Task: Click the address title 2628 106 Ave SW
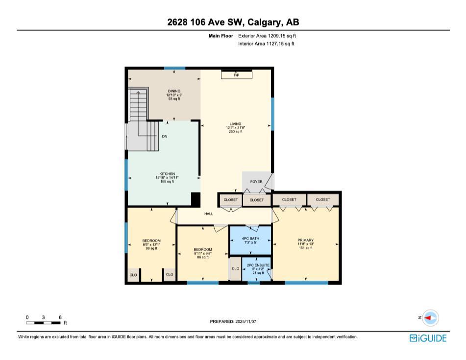click(233, 22)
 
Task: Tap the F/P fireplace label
click(236, 75)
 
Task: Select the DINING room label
click(174, 91)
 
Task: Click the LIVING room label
click(236, 124)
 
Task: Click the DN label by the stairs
click(165, 136)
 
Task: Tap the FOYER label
click(256, 182)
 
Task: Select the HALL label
click(209, 214)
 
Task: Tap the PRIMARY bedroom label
click(305, 240)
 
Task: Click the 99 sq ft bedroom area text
click(151, 248)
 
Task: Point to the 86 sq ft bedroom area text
click(203, 257)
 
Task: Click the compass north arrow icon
click(430, 318)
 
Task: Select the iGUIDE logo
click(428, 338)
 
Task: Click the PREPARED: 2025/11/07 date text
click(233, 322)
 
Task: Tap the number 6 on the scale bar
click(59, 317)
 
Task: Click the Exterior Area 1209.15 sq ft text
click(267, 36)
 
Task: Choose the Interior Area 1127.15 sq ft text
click(266, 44)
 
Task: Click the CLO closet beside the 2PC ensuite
click(235, 269)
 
